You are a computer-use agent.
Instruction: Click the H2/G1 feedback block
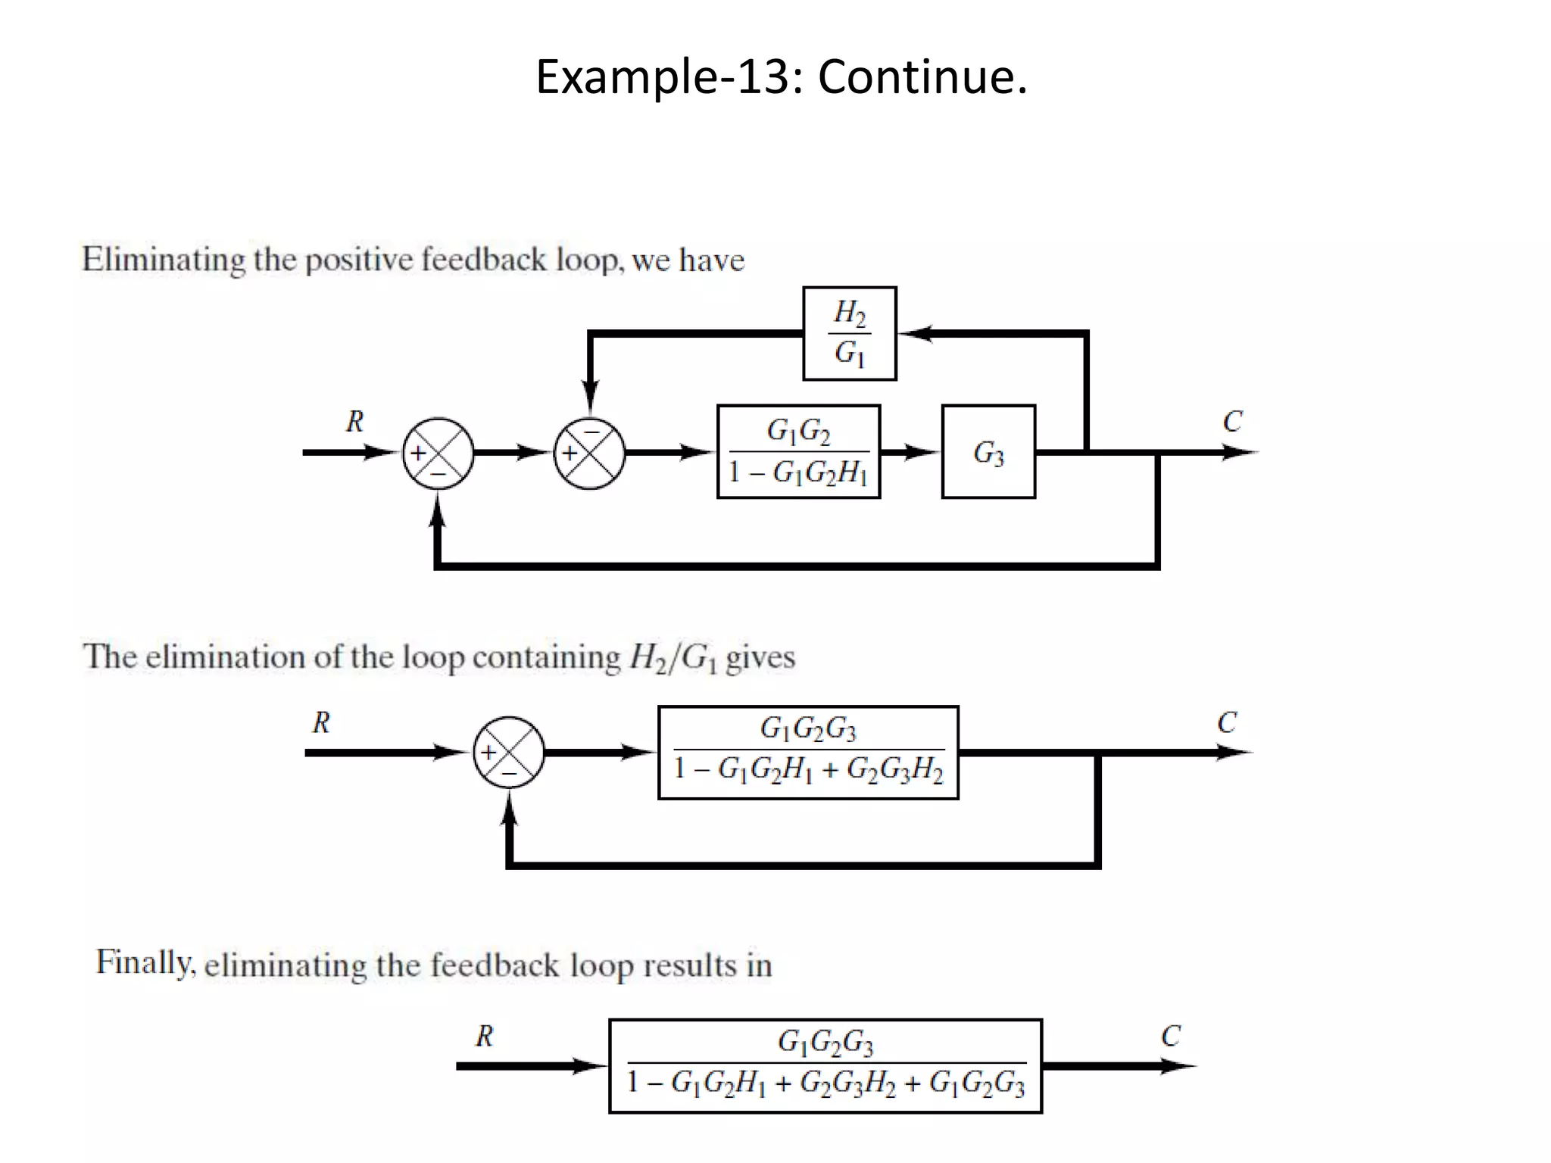point(849,333)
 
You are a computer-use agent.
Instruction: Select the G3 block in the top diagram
point(988,452)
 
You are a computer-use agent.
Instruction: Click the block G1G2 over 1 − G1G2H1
point(798,452)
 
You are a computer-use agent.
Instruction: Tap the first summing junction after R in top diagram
point(438,453)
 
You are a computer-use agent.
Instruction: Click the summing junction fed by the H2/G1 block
point(589,453)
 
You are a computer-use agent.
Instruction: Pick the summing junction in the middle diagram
point(509,752)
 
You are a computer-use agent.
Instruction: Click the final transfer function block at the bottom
point(825,1065)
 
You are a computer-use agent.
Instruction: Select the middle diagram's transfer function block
point(808,752)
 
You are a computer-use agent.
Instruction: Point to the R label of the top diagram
point(354,421)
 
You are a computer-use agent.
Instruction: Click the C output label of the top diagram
point(1232,421)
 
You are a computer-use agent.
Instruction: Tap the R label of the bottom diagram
point(484,1035)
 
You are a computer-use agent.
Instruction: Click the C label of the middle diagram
point(1227,722)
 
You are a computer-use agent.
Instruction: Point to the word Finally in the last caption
point(145,962)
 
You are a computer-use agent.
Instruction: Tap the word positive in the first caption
point(360,260)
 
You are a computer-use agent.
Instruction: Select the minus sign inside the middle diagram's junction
point(509,773)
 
